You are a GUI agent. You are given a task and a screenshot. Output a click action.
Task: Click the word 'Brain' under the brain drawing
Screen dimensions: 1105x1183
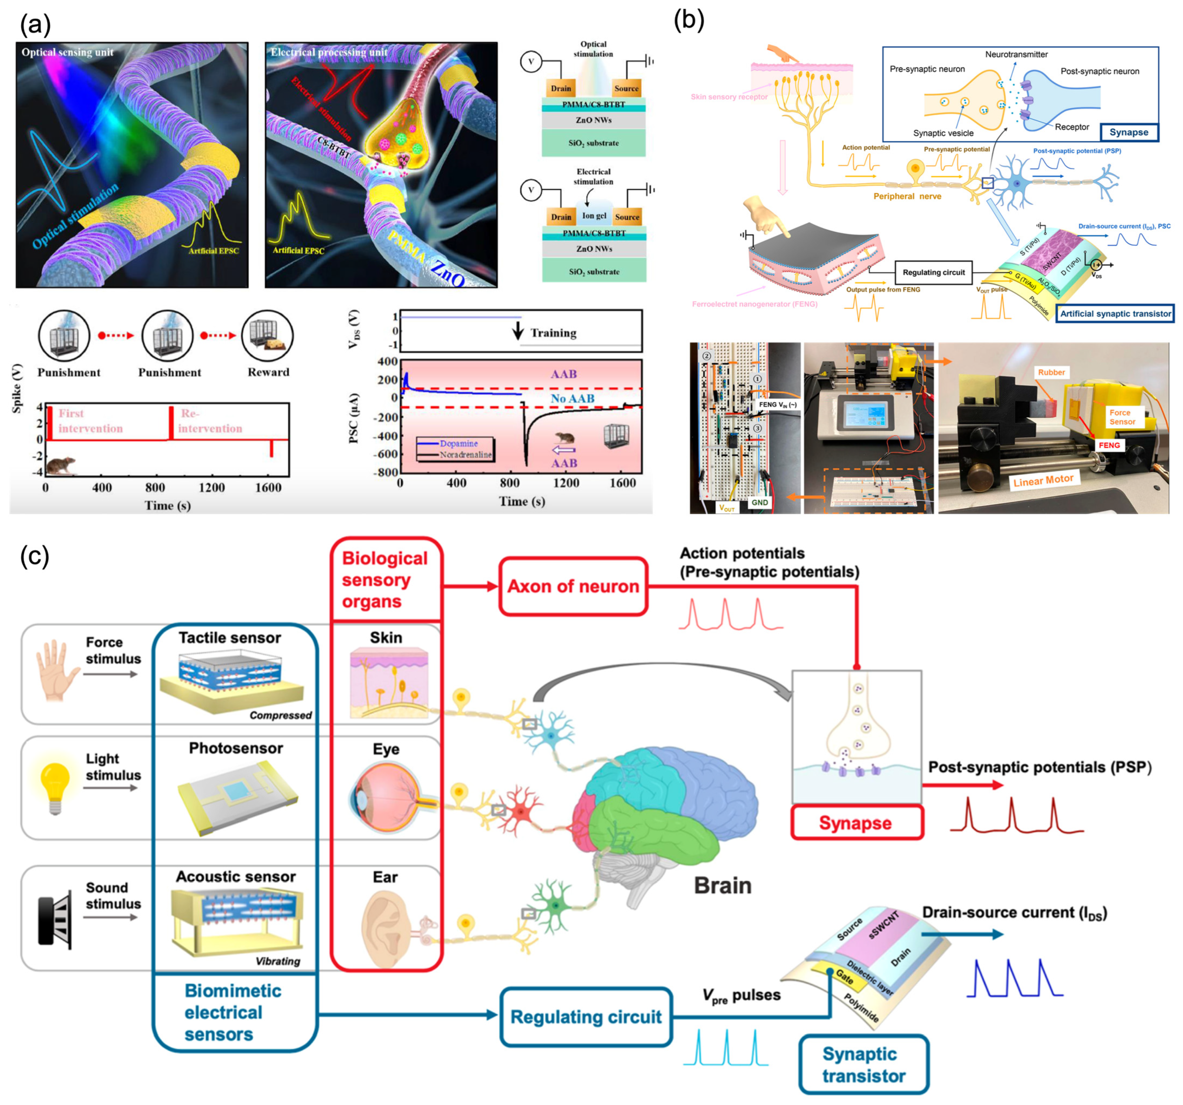click(722, 885)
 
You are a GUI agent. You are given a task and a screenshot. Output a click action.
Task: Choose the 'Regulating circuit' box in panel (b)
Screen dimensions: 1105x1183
click(933, 272)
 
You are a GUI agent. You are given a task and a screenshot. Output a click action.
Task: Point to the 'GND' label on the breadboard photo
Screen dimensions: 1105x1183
click(759, 502)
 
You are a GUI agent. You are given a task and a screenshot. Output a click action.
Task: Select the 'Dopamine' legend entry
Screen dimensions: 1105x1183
click(458, 443)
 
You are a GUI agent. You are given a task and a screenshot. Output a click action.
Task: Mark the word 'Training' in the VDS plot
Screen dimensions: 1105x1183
click(553, 333)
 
